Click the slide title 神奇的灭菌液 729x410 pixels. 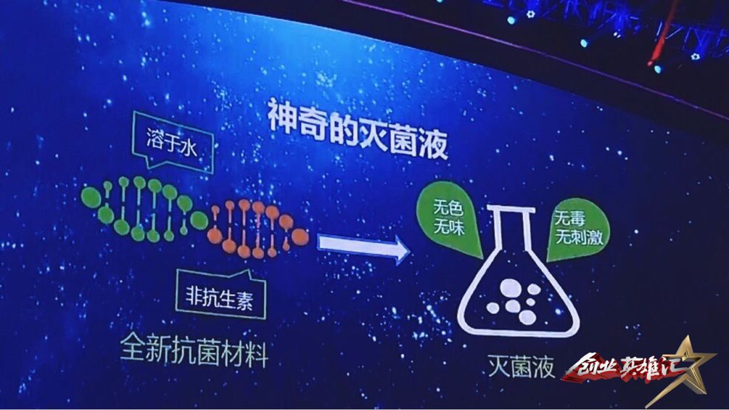click(357, 128)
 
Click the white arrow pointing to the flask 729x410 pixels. click(363, 247)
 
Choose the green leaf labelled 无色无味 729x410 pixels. click(450, 218)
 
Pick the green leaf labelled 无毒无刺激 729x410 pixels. click(577, 229)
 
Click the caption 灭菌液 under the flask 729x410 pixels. click(521, 366)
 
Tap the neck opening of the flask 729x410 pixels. click(511, 210)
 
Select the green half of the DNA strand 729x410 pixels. click(144, 209)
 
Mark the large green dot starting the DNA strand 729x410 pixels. click(91, 197)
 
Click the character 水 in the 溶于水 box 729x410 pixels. click(189, 148)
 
